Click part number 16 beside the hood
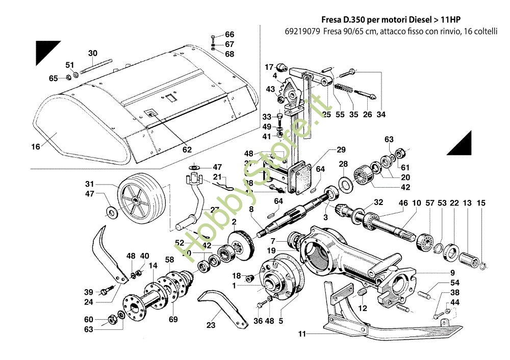35,147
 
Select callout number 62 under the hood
187,150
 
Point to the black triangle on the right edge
461,142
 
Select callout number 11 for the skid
302,335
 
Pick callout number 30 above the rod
92,53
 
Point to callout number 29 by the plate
341,149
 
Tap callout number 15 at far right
481,203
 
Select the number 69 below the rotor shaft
173,320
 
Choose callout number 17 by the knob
269,67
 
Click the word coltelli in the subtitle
484,31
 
